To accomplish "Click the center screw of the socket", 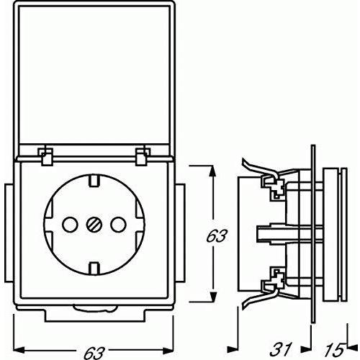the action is click(94, 225).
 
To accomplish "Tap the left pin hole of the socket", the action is click(70, 225).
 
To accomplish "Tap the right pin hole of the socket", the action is click(118, 225).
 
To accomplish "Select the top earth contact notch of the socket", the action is click(94, 181).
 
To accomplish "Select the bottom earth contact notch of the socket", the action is click(94, 269).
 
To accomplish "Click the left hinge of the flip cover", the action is click(45, 156).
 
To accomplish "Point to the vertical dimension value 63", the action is click(216, 236).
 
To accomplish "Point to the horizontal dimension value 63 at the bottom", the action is click(94, 352).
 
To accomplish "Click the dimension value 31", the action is click(280, 349).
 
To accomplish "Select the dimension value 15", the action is click(333, 350).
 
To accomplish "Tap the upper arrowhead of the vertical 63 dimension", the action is click(212, 174).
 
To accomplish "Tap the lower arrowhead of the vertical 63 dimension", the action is click(212, 293).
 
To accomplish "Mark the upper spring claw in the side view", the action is click(261, 170).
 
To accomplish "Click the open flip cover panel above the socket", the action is click(94, 74).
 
